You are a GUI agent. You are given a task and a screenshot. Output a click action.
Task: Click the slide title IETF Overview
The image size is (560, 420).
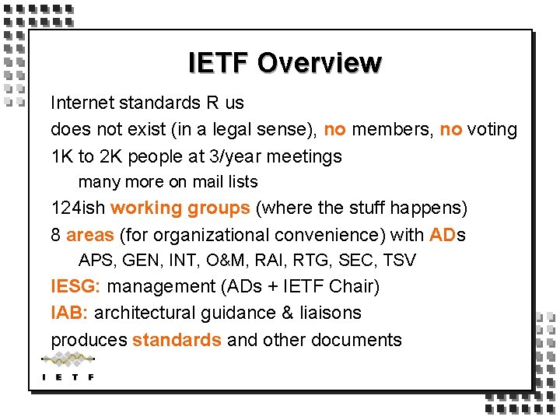(x=285, y=63)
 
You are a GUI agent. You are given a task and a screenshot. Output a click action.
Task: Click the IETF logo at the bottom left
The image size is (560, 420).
(x=68, y=366)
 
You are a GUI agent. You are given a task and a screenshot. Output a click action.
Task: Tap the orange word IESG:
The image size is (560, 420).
(x=75, y=286)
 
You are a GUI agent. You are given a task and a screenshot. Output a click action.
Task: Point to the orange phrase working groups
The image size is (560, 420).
(x=180, y=208)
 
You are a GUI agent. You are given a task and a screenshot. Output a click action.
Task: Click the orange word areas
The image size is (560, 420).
(x=90, y=235)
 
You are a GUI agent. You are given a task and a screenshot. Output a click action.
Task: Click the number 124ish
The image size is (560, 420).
(x=78, y=208)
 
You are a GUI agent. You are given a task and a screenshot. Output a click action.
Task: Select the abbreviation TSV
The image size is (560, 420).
(x=400, y=260)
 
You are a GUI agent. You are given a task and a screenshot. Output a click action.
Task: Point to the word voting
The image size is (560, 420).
(x=492, y=129)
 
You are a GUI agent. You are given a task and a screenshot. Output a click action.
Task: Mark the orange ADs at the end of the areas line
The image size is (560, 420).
(x=447, y=235)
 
